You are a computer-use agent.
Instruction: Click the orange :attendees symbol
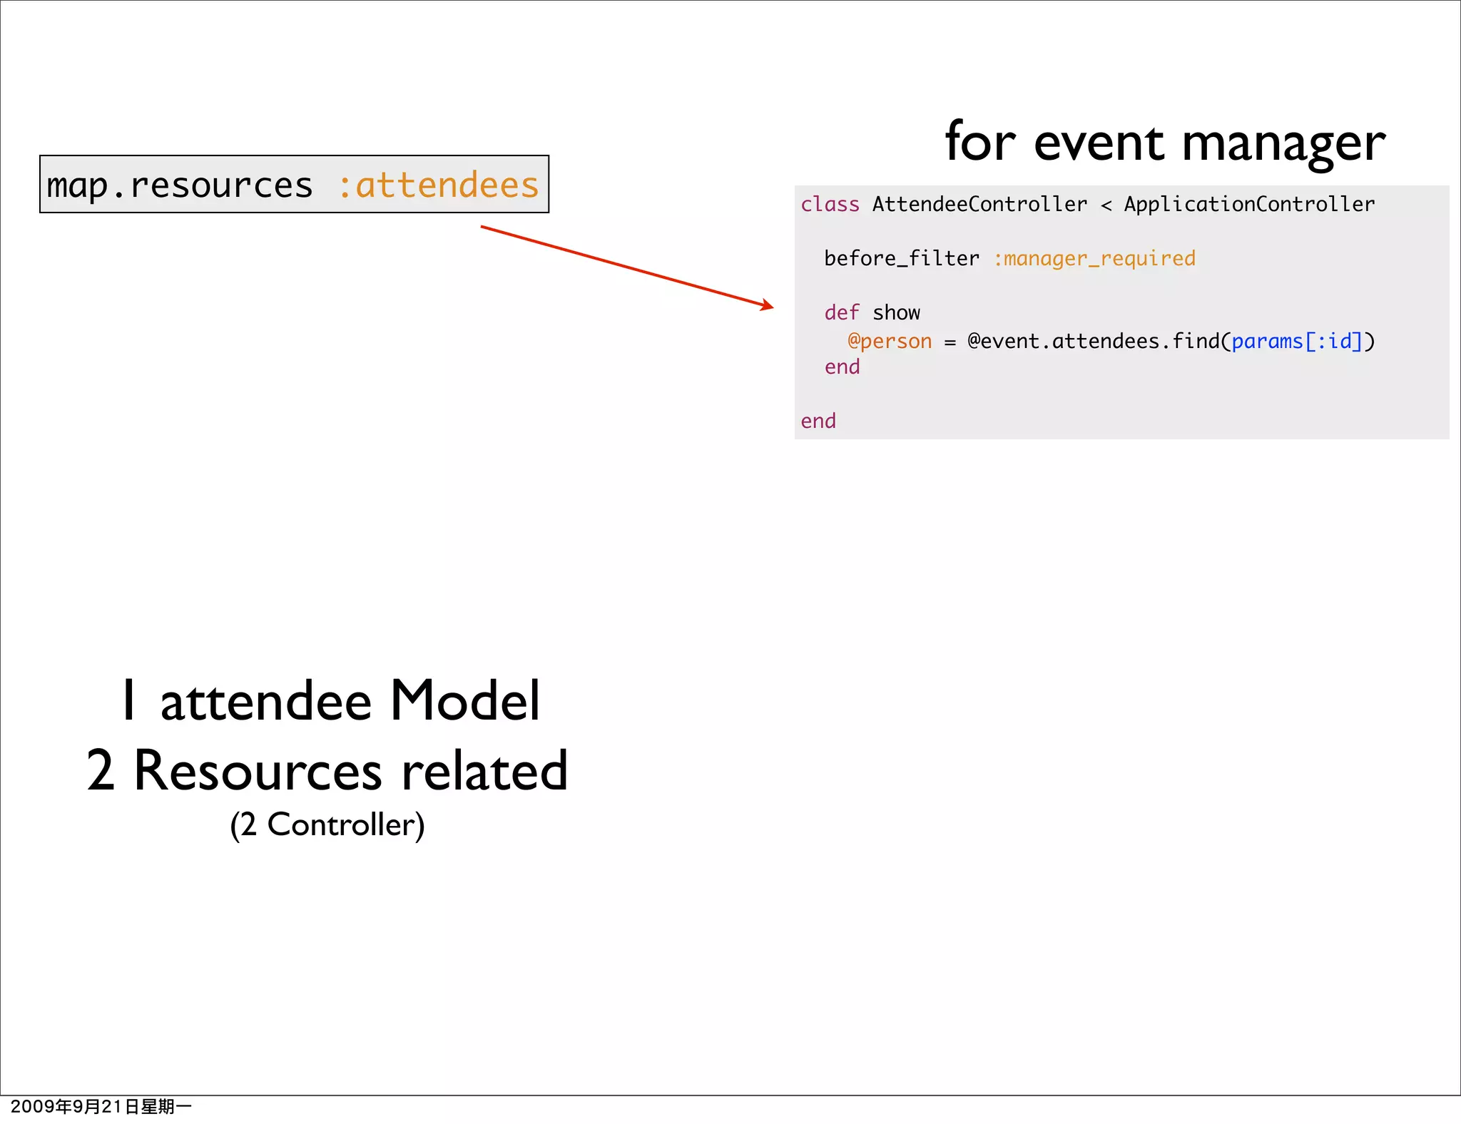coord(438,185)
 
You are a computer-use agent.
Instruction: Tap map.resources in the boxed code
coord(179,185)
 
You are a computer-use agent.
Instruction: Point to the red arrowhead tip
coord(773,307)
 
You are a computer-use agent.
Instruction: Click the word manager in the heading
coord(1283,143)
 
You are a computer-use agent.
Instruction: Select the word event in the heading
coord(1099,143)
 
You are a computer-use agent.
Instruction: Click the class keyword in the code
coord(830,205)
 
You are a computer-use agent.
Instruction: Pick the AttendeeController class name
coord(979,205)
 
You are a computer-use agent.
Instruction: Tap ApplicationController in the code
coord(1249,205)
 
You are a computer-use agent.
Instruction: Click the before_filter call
coord(902,259)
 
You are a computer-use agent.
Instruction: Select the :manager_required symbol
coord(1094,259)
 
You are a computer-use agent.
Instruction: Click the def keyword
coord(842,313)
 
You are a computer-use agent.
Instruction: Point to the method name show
coord(896,313)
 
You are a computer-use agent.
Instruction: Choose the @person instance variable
coord(890,342)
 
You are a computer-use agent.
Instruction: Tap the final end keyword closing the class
coord(818,421)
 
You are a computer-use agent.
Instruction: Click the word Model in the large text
coord(464,701)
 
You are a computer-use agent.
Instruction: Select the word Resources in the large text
coord(258,771)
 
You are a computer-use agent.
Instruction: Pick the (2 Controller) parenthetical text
coord(327,825)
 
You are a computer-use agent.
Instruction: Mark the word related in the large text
coord(484,771)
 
